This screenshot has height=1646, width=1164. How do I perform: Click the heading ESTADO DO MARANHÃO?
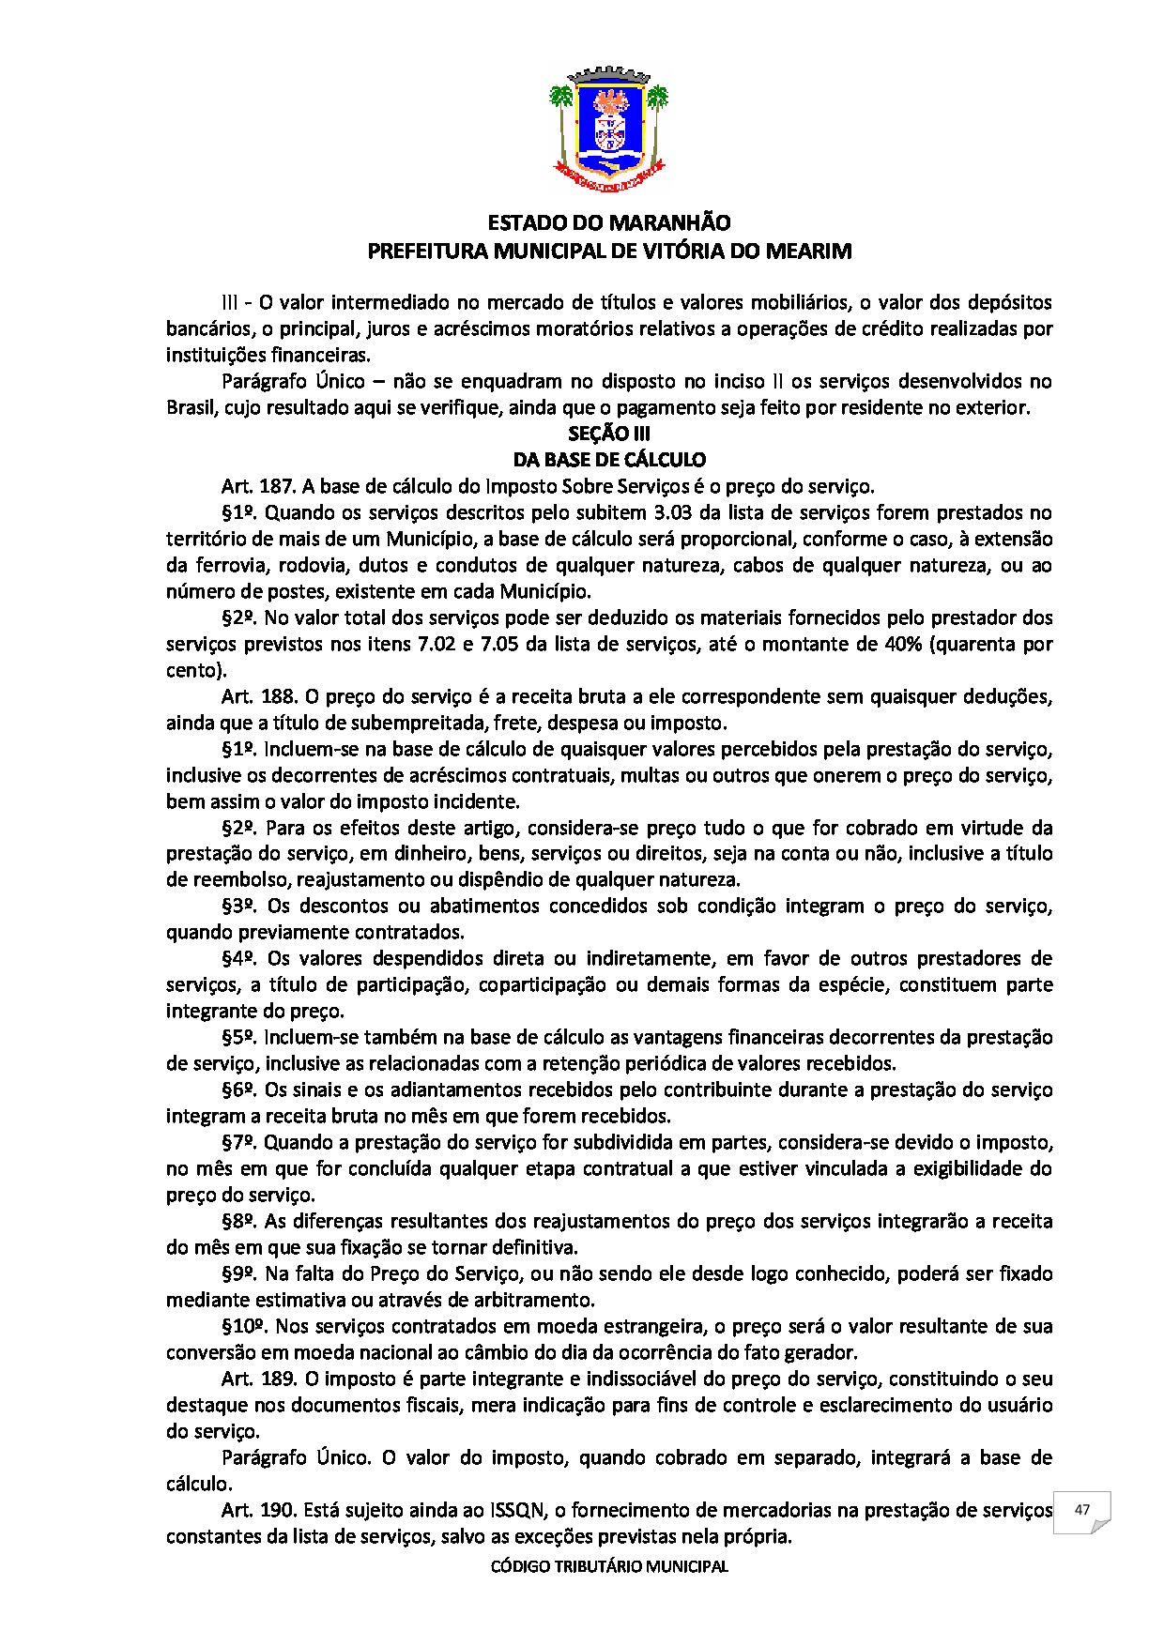[x=609, y=223]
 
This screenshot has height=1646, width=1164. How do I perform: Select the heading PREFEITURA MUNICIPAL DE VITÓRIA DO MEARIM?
[x=609, y=251]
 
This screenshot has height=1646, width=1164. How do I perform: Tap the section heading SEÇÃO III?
[x=609, y=434]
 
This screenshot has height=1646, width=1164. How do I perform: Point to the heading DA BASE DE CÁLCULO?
[x=609, y=460]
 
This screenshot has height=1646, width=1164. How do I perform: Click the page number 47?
[x=1081, y=1510]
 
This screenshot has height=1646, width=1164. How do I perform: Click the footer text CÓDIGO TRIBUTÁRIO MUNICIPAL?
[x=609, y=1566]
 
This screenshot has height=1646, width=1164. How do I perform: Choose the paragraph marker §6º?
[x=240, y=1090]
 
